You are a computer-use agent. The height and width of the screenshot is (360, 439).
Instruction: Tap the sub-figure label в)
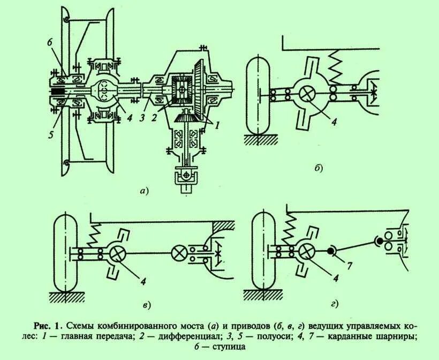click(x=147, y=305)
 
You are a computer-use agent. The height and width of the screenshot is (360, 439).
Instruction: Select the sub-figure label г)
click(x=334, y=304)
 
